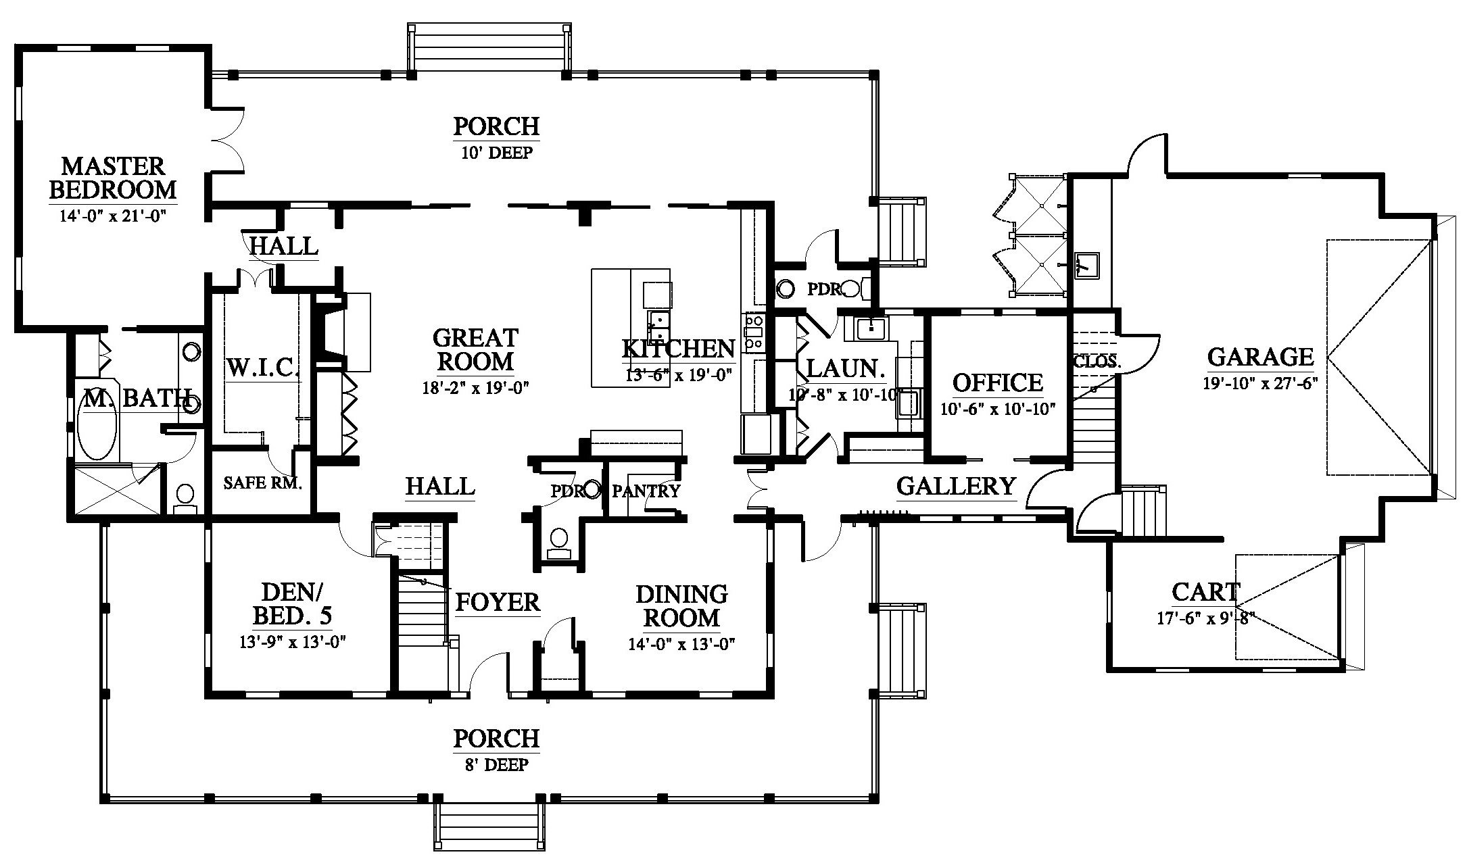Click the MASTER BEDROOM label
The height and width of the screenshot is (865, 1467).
[113, 178]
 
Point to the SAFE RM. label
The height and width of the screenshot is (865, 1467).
[262, 483]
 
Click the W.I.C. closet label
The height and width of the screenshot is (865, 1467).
[262, 368]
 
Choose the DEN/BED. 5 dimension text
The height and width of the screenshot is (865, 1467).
[293, 642]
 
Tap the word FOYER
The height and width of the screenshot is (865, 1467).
[498, 602]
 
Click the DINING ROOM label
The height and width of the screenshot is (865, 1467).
[681, 606]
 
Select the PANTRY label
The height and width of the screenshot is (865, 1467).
[646, 491]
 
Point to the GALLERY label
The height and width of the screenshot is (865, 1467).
[956, 486]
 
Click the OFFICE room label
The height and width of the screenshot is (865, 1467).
[997, 383]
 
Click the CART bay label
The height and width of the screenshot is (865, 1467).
[1205, 593]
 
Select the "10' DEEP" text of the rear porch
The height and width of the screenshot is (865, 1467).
[497, 153]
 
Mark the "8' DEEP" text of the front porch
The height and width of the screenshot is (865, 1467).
[497, 764]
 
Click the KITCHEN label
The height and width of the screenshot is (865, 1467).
[678, 349]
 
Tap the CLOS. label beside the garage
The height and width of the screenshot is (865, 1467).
[1097, 362]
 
